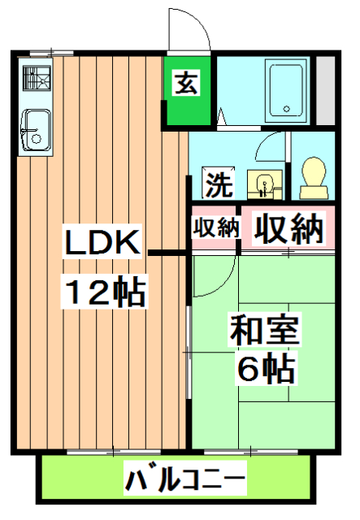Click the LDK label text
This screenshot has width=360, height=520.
click(103, 241)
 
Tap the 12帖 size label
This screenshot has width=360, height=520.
click(106, 289)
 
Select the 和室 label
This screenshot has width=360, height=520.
click(264, 331)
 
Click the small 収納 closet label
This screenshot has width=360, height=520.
click(215, 228)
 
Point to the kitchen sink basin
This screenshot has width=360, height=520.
click(34, 129)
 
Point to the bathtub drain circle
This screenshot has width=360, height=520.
click(285, 106)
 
